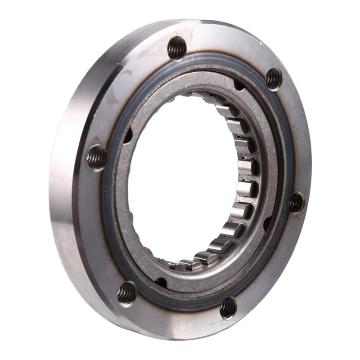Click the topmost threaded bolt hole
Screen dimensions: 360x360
pyautogui.click(x=177, y=48)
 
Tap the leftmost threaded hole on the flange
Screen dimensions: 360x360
pyautogui.click(x=97, y=157)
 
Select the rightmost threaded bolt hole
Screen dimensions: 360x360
pyautogui.click(x=296, y=203)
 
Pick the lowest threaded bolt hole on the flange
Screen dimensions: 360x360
pyautogui.click(x=228, y=307)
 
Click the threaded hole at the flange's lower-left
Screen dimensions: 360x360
pyautogui.click(x=127, y=293)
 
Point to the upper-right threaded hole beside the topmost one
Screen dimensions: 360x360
pyautogui.click(x=274, y=79)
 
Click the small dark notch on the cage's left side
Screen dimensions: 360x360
pyautogui.click(x=128, y=135)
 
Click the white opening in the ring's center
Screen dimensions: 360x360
pyautogui.click(x=180, y=180)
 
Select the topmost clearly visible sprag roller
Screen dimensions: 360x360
pyautogui.click(x=224, y=111)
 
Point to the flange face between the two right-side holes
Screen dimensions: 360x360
pyautogui.click(x=295, y=139)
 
